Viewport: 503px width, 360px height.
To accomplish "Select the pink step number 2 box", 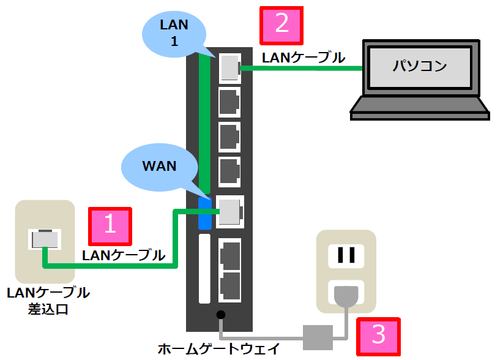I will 282,25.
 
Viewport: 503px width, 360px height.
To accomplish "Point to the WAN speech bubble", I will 159,166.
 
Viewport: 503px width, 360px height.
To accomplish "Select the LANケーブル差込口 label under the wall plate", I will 48,301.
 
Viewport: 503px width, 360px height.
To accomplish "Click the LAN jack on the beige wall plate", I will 45,238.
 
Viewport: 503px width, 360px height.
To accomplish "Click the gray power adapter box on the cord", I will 318,334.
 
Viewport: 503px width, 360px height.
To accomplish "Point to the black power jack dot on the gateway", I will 221,315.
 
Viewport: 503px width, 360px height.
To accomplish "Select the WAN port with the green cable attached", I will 230,211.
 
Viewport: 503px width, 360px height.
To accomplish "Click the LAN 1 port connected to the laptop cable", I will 229,66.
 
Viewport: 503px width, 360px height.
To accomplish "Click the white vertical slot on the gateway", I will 204,269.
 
